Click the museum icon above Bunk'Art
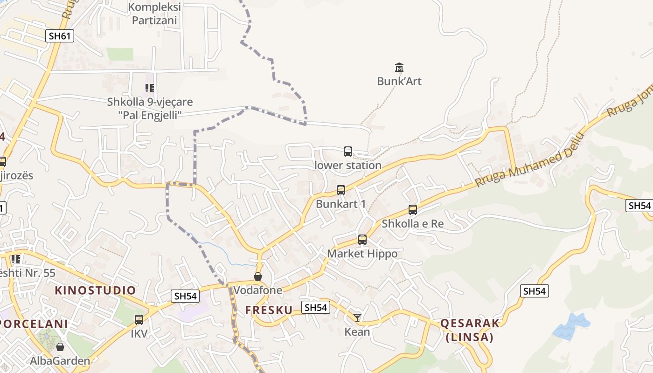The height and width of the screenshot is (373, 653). coord(399,68)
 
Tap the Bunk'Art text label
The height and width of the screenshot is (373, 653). coord(399,81)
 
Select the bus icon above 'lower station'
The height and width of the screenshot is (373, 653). coord(348,151)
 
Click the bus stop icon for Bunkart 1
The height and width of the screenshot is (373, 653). coord(341,190)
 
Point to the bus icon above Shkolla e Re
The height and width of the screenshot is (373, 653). coord(413,210)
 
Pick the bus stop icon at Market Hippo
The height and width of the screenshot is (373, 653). coord(362,240)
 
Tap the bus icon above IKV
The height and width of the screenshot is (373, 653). coord(139,320)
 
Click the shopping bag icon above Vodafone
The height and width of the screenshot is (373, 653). coord(258,276)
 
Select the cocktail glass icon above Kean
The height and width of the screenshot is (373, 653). coord(357,318)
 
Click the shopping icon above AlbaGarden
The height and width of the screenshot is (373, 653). coord(60,347)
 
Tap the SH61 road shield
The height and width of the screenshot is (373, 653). coord(60,35)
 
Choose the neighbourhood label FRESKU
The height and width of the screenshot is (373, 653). coord(269,310)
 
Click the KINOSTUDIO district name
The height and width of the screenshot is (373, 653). coord(95,290)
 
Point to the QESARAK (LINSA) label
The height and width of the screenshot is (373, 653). coord(470,330)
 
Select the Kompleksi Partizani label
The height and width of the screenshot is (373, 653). coord(154,14)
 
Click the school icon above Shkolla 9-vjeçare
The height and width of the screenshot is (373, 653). coord(150,88)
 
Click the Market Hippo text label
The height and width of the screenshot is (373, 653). coord(362,254)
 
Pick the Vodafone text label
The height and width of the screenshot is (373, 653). coord(258,290)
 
